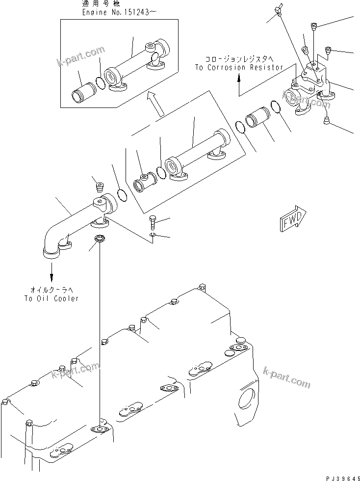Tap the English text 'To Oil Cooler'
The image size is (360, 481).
tap(51, 298)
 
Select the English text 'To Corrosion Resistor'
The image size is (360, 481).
tap(239, 67)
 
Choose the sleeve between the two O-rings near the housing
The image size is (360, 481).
tap(257, 123)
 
